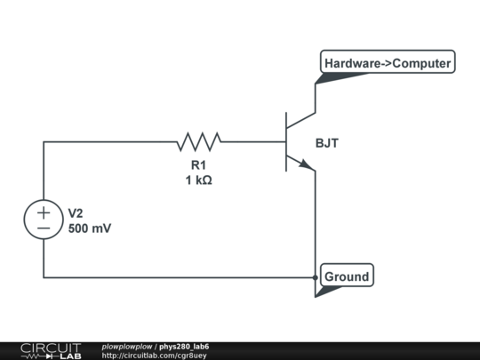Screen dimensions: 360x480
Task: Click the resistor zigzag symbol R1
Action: click(199, 141)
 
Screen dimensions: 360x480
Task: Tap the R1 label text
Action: click(198, 165)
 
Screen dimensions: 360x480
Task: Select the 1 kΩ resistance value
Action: click(198, 180)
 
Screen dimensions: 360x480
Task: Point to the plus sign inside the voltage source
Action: click(44, 212)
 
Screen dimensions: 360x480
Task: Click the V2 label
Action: click(76, 213)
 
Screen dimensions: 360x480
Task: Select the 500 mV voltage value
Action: click(90, 228)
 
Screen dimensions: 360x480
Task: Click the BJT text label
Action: click(326, 142)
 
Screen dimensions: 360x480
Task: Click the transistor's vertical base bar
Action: click(286, 141)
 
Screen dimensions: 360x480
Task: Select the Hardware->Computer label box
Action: click(387, 63)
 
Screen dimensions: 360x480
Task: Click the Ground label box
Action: click(346, 276)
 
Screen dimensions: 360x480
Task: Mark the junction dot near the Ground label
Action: click(316, 277)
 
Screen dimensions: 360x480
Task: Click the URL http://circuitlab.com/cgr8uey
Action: click(154, 356)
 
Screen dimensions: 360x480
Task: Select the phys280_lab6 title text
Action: click(185, 346)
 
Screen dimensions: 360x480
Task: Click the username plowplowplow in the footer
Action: click(127, 346)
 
